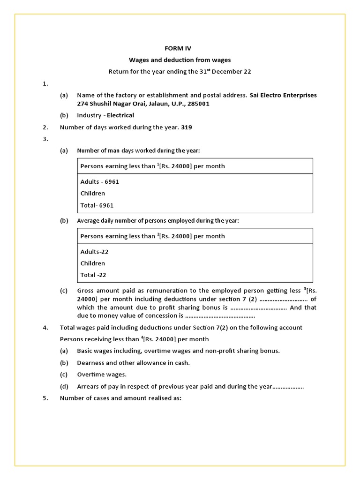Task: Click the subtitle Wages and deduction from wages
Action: point(180,60)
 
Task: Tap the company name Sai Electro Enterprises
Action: point(283,95)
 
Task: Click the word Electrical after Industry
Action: point(120,115)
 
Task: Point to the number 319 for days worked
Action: point(187,127)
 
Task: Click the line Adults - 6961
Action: point(99,181)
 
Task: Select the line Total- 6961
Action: point(97,205)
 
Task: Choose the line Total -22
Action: point(97,275)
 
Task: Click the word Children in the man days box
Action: point(93,193)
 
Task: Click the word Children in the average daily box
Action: point(93,263)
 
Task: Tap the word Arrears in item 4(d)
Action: point(88,387)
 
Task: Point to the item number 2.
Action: point(45,127)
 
